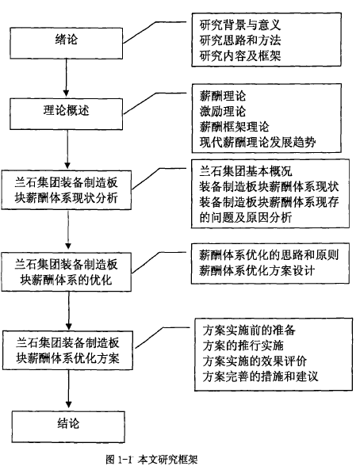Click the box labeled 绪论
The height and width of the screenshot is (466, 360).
click(x=67, y=44)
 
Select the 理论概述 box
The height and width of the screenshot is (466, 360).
click(x=67, y=114)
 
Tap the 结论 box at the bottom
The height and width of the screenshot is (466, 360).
click(x=68, y=426)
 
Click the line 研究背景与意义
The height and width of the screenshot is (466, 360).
click(x=240, y=25)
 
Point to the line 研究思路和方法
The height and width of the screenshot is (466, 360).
click(x=240, y=40)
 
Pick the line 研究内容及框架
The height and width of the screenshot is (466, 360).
click(x=240, y=55)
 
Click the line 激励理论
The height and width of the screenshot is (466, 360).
click(x=223, y=112)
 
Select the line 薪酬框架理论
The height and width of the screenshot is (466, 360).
click(x=234, y=127)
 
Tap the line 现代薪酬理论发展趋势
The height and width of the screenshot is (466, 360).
click(x=258, y=143)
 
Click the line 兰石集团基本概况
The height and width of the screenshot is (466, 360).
click(x=246, y=171)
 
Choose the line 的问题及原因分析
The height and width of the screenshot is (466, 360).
click(x=246, y=218)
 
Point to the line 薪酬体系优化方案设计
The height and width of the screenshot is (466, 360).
click(x=257, y=271)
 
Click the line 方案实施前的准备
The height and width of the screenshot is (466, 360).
click(x=249, y=330)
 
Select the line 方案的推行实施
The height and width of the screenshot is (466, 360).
click(x=243, y=346)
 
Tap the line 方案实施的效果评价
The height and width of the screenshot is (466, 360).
click(x=255, y=361)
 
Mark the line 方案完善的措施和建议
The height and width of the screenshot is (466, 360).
click(x=261, y=376)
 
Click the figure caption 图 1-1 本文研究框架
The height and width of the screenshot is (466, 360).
click(x=151, y=460)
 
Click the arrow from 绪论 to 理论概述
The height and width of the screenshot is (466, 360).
click(x=67, y=78)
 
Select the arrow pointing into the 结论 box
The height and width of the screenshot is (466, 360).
click(x=69, y=389)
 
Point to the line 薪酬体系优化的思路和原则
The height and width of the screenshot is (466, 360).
click(x=269, y=255)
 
